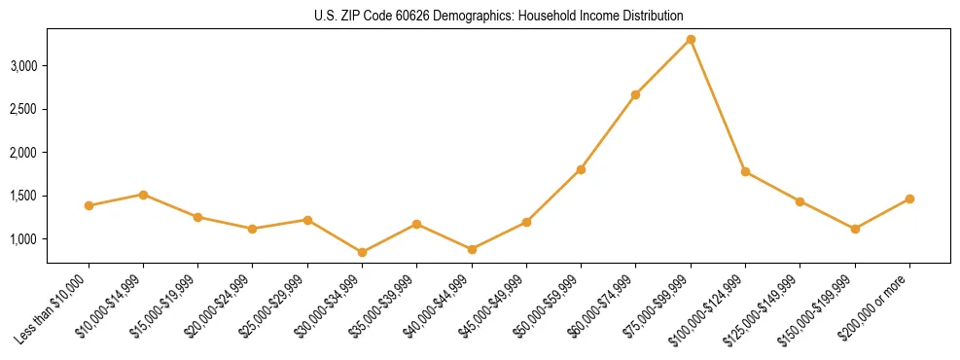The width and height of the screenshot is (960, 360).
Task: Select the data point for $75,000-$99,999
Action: coord(691,39)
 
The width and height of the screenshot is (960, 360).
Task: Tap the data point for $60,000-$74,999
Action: coord(635,94)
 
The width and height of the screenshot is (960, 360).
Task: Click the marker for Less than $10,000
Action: coord(89,205)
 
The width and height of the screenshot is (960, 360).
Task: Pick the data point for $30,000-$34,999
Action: coord(362,252)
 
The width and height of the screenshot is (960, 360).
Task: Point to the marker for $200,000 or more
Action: coord(909,198)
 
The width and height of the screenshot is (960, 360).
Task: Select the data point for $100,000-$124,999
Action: coord(745,171)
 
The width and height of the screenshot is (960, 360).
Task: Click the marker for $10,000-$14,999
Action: coord(143,195)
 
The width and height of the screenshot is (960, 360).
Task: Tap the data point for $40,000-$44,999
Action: coord(472,249)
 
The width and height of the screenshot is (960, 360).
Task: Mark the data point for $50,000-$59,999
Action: coord(581,169)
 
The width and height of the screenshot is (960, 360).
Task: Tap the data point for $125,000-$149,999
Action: coord(800,201)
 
